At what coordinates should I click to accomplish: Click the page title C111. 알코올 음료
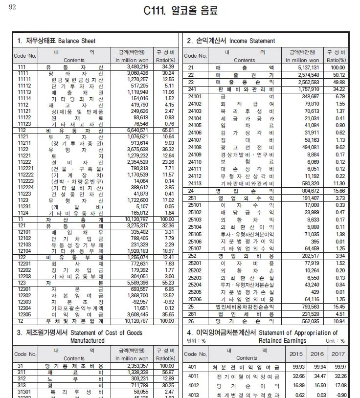(180, 11)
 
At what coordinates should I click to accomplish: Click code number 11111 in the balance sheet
(24, 79)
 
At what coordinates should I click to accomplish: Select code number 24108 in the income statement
(195, 147)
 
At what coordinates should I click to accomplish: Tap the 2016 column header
(317, 354)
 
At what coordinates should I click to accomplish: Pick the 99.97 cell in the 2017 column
(337, 367)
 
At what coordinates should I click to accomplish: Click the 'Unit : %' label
(336, 341)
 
